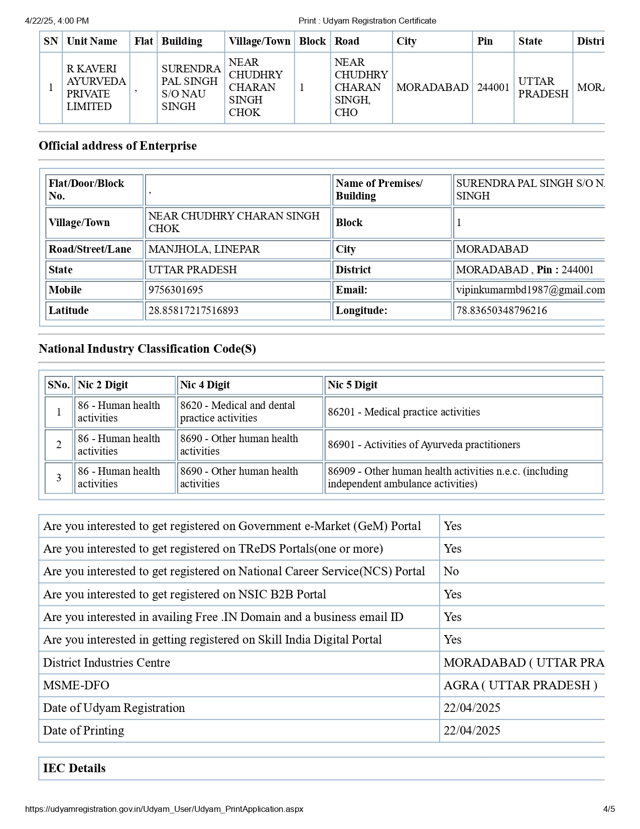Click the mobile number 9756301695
coord(176,290)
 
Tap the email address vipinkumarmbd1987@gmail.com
coord(530,290)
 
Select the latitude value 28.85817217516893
coord(193,310)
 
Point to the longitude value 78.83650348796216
coord(501,310)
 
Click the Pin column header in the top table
coord(485,41)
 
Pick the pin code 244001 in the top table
coord(493,87)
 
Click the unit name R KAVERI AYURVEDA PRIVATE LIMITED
coord(96,87)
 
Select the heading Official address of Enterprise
coord(117,146)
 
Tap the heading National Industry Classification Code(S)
coord(147,349)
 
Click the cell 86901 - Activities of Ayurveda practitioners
coord(424,445)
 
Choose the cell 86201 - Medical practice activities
coord(404,412)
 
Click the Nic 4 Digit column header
coord(205,385)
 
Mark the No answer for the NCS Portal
coord(451,571)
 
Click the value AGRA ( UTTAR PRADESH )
coord(520,685)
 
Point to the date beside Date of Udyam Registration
coord(472,708)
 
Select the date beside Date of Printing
coord(472,731)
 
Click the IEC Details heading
coord(74,768)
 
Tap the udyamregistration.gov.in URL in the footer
coord(164,809)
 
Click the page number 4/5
coord(609,809)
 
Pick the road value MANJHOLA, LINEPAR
coord(204,249)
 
